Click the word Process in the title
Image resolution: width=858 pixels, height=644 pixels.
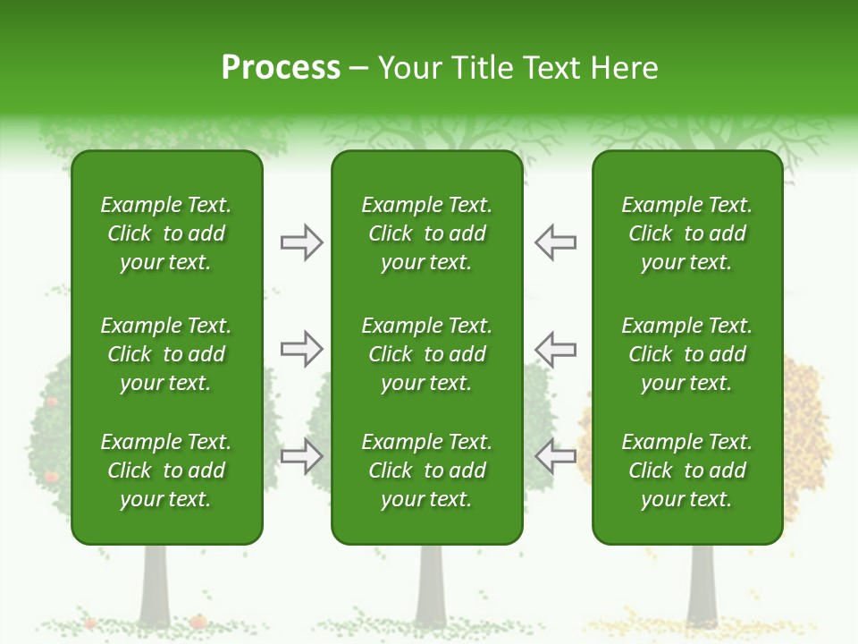point(281,68)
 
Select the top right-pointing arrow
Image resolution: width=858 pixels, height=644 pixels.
point(301,242)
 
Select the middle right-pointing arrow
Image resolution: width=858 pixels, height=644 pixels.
point(301,349)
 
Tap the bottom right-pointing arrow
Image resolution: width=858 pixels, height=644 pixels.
point(301,456)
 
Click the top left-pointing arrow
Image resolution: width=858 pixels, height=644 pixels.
point(555,242)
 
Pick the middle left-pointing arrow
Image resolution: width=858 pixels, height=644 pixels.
point(555,349)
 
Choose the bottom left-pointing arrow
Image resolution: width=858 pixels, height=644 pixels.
point(555,456)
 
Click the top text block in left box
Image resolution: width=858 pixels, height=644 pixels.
point(166,233)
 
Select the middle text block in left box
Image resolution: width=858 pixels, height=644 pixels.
point(166,354)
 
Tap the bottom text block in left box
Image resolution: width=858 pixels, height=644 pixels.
point(166,470)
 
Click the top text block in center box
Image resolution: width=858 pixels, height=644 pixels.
point(426,233)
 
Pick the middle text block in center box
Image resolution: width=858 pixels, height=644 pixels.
point(426,354)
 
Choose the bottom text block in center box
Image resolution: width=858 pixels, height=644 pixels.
point(426,470)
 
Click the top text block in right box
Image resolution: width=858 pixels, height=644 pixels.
point(686,233)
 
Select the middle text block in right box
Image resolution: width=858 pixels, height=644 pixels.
point(686,354)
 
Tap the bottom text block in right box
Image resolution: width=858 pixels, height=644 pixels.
point(686,470)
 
